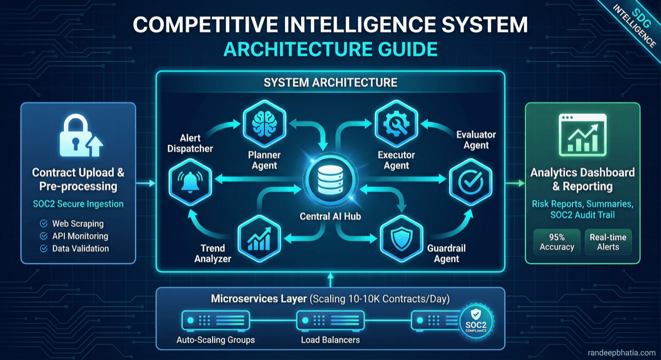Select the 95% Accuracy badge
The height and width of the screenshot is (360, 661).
[557, 242]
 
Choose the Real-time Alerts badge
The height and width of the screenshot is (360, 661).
[608, 242]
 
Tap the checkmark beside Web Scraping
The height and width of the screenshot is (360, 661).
[44, 224]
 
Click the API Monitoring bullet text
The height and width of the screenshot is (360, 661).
[80, 236]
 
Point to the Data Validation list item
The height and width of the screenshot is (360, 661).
[80, 248]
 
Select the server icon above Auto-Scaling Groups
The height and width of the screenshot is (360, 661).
[215, 319]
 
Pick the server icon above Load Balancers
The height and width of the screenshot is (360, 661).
[330, 319]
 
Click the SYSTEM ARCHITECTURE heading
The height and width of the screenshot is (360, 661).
[330, 83]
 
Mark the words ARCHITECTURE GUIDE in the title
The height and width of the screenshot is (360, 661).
[330, 49]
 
